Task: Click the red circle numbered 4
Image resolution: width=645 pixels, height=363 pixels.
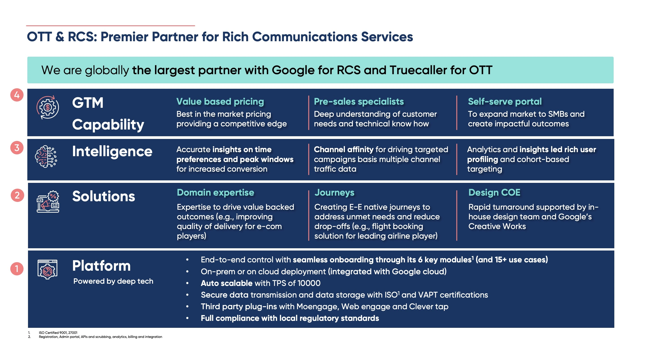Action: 17,95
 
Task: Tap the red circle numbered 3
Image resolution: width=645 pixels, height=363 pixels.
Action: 17,148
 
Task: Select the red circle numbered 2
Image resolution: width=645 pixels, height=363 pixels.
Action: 17,195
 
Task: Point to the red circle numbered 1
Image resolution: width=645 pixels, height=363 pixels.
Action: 17,269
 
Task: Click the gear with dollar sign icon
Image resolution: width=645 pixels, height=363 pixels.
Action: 47,108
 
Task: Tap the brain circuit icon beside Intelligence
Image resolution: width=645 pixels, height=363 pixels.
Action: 46,157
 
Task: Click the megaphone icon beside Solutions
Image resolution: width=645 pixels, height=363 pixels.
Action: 48,201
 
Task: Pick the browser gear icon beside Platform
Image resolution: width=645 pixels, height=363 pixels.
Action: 47,269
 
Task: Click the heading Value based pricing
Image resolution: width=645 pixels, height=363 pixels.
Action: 220,102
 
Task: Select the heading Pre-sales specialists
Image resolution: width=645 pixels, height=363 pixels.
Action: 359,102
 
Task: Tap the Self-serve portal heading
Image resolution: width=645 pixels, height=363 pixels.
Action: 505,102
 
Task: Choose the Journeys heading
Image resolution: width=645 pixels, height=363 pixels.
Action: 335,192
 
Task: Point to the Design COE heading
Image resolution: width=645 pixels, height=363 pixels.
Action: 494,192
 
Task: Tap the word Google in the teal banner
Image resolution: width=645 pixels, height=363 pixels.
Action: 293,70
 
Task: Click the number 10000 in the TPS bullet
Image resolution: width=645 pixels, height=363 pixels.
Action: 309,283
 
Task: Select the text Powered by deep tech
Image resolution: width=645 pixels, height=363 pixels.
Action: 113,281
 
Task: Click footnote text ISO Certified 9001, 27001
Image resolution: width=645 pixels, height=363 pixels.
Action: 58,333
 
